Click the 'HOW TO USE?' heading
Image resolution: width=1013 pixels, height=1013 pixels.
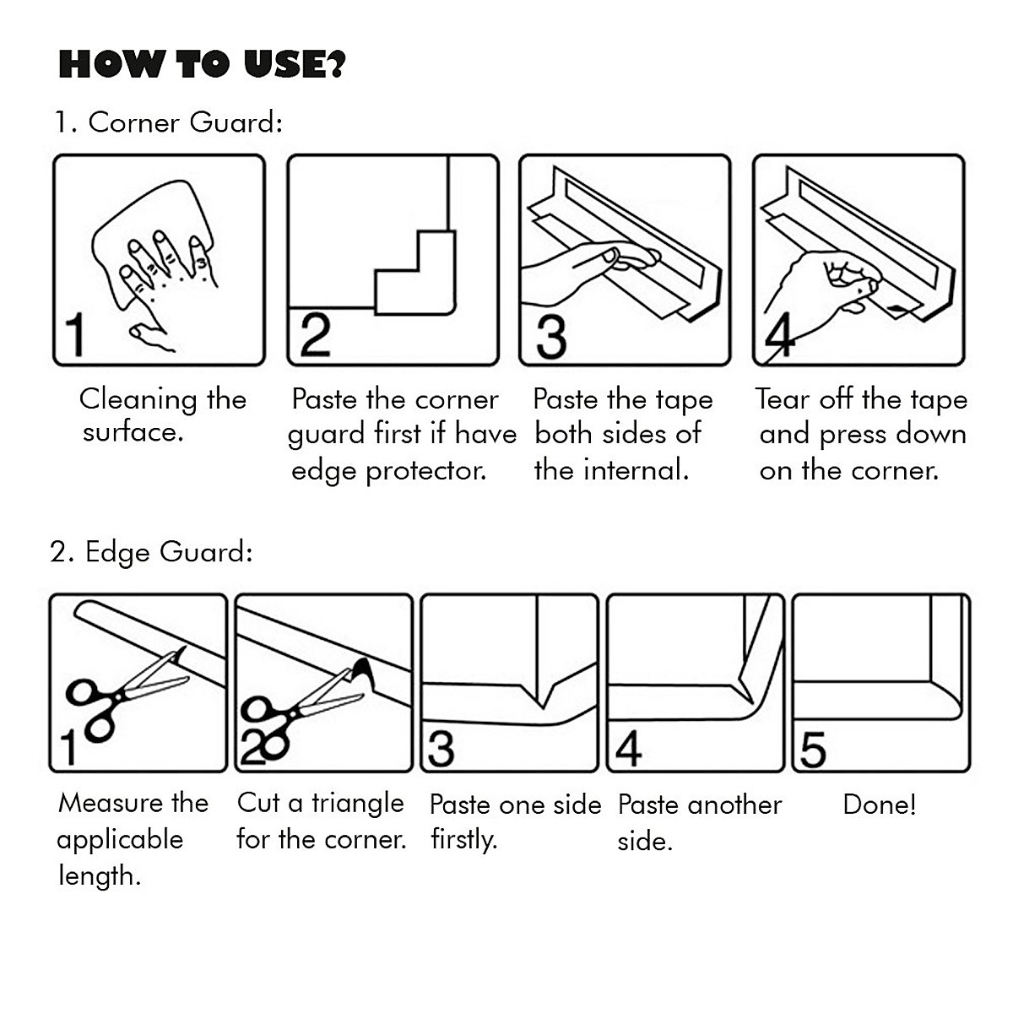pos(202,65)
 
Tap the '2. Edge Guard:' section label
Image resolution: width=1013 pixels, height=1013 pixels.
pos(152,552)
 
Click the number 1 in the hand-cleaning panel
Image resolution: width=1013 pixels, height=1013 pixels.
pos(75,334)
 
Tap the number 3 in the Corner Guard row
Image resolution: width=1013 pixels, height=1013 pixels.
pos(550,335)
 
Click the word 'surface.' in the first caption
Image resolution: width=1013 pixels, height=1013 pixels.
pos(133,433)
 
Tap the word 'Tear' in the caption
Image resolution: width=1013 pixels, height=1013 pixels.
pos(783,398)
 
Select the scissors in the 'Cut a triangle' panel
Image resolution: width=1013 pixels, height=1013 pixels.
pos(304,701)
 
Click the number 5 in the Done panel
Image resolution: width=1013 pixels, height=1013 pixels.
pos(812,749)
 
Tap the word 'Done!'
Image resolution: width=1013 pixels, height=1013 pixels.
pos(879,804)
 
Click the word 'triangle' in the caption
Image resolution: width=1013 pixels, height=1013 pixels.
pos(358,803)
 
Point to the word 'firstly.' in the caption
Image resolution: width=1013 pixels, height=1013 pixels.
pos(463,840)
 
